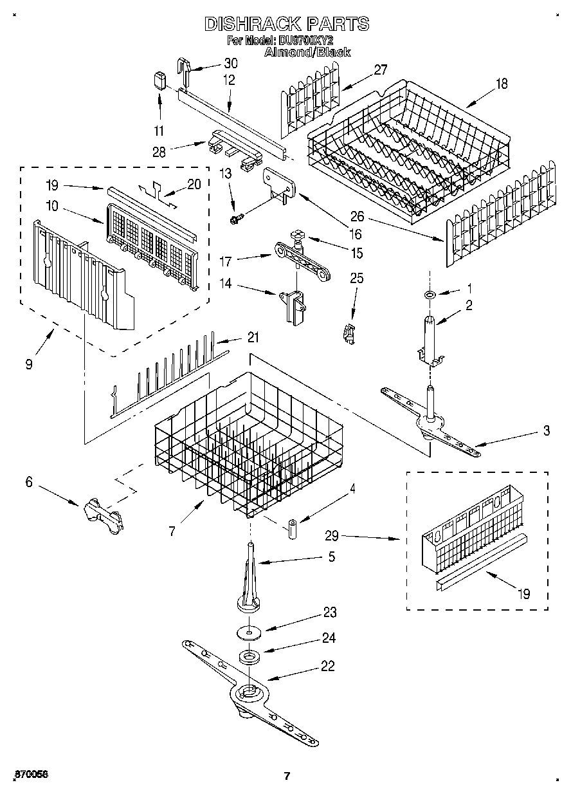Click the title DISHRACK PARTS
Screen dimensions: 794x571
[x=287, y=24]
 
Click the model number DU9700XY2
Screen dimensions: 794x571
[x=307, y=41]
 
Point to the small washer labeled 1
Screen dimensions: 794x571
[x=429, y=295]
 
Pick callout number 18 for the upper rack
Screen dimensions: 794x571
[x=502, y=82]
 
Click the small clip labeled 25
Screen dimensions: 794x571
[x=349, y=333]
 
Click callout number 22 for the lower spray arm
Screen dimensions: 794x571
[x=328, y=667]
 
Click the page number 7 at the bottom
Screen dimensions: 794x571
[x=287, y=776]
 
